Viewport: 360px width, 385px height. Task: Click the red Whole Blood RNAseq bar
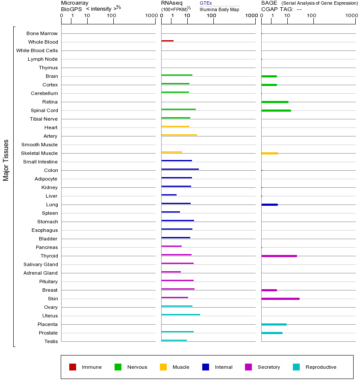point(167,41)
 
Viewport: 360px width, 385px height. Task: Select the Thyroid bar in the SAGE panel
point(279,256)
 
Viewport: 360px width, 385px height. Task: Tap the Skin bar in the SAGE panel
point(280,299)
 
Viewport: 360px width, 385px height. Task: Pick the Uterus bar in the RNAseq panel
point(180,314)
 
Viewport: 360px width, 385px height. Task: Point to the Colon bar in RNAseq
point(180,169)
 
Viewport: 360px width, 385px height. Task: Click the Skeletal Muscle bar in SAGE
point(269,153)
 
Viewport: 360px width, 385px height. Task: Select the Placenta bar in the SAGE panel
point(274,324)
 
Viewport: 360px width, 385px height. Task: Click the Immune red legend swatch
point(73,367)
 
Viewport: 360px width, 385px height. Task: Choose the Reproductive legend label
point(321,367)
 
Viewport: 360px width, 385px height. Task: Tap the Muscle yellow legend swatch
point(163,367)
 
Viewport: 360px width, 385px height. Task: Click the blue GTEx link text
point(206,3)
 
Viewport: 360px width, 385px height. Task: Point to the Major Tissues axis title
point(6,160)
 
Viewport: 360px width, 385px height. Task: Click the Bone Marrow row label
point(42,33)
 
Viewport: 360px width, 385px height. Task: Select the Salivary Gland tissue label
point(41,264)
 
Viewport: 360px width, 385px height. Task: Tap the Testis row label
point(51,341)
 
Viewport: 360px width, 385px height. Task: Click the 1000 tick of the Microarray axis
point(151,16)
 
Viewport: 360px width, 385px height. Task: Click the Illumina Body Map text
point(219,9)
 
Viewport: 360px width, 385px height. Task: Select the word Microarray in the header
point(75,3)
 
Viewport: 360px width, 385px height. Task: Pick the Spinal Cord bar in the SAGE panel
point(276,110)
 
